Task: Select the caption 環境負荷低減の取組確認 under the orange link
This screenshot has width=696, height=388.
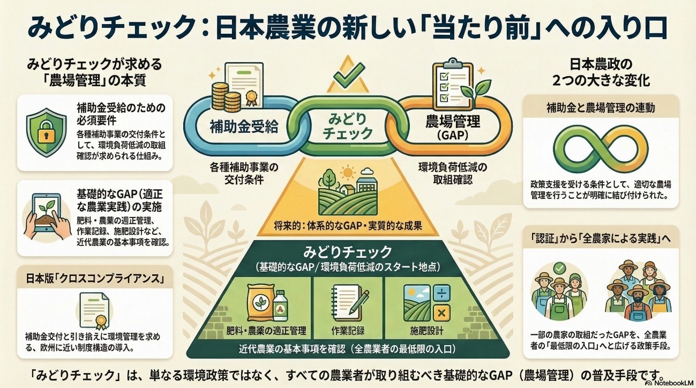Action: (x=453, y=174)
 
